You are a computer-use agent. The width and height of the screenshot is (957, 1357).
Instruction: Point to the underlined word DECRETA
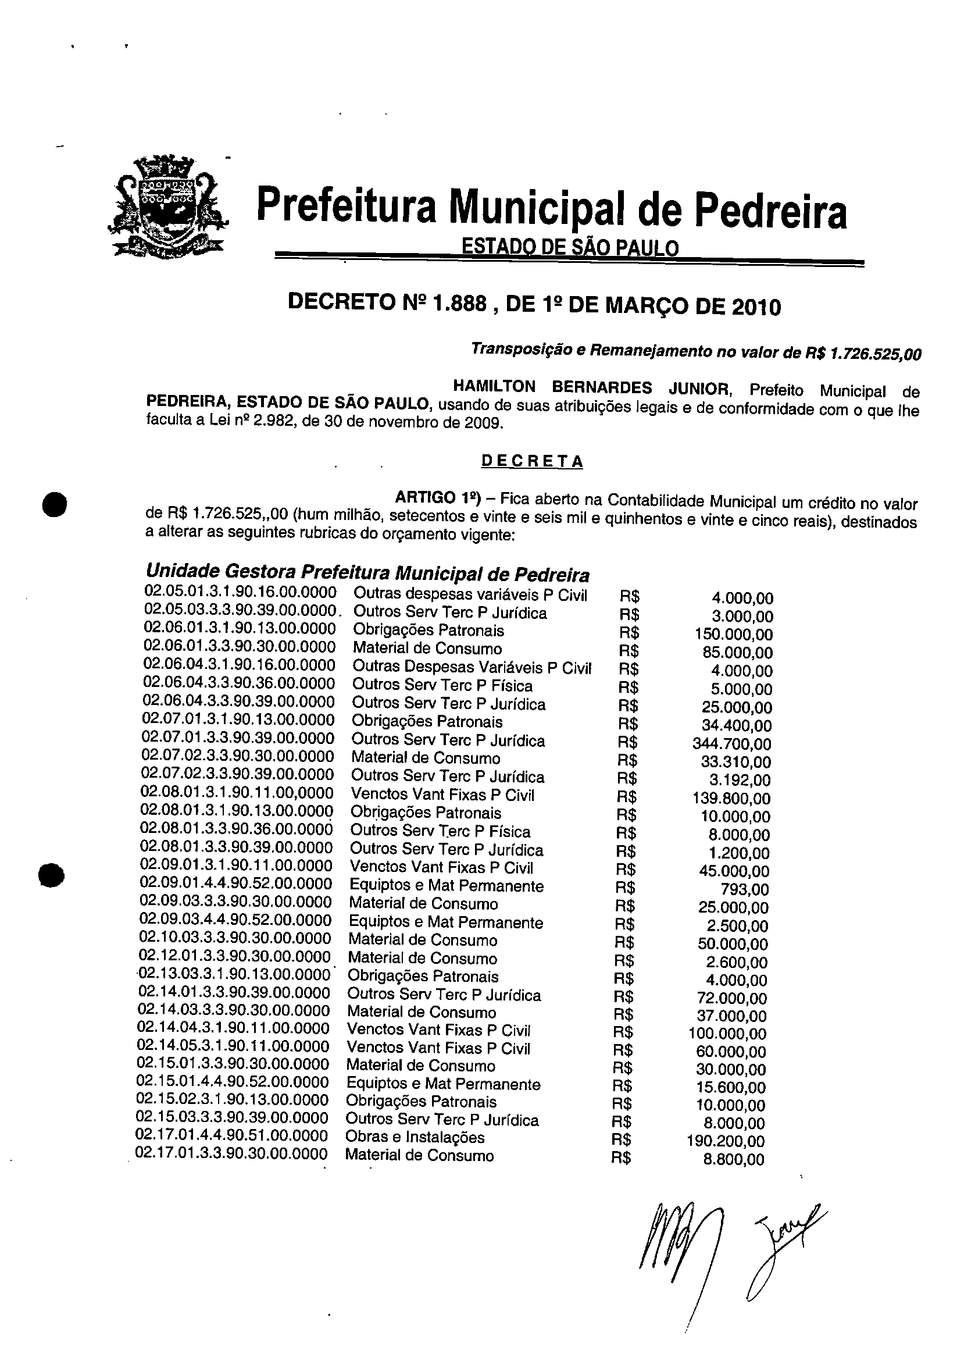tap(532, 461)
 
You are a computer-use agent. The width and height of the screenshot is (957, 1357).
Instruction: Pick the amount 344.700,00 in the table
tap(732, 744)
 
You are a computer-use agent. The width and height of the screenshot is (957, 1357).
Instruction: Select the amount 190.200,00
tap(726, 1141)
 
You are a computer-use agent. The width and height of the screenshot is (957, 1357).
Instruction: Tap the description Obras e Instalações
tap(415, 1137)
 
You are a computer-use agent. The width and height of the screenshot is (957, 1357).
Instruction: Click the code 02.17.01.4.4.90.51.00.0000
tap(231, 1135)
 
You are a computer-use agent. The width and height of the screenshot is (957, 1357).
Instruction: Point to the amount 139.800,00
tap(731, 799)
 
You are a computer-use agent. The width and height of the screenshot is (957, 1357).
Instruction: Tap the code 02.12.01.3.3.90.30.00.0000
tap(234, 956)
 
